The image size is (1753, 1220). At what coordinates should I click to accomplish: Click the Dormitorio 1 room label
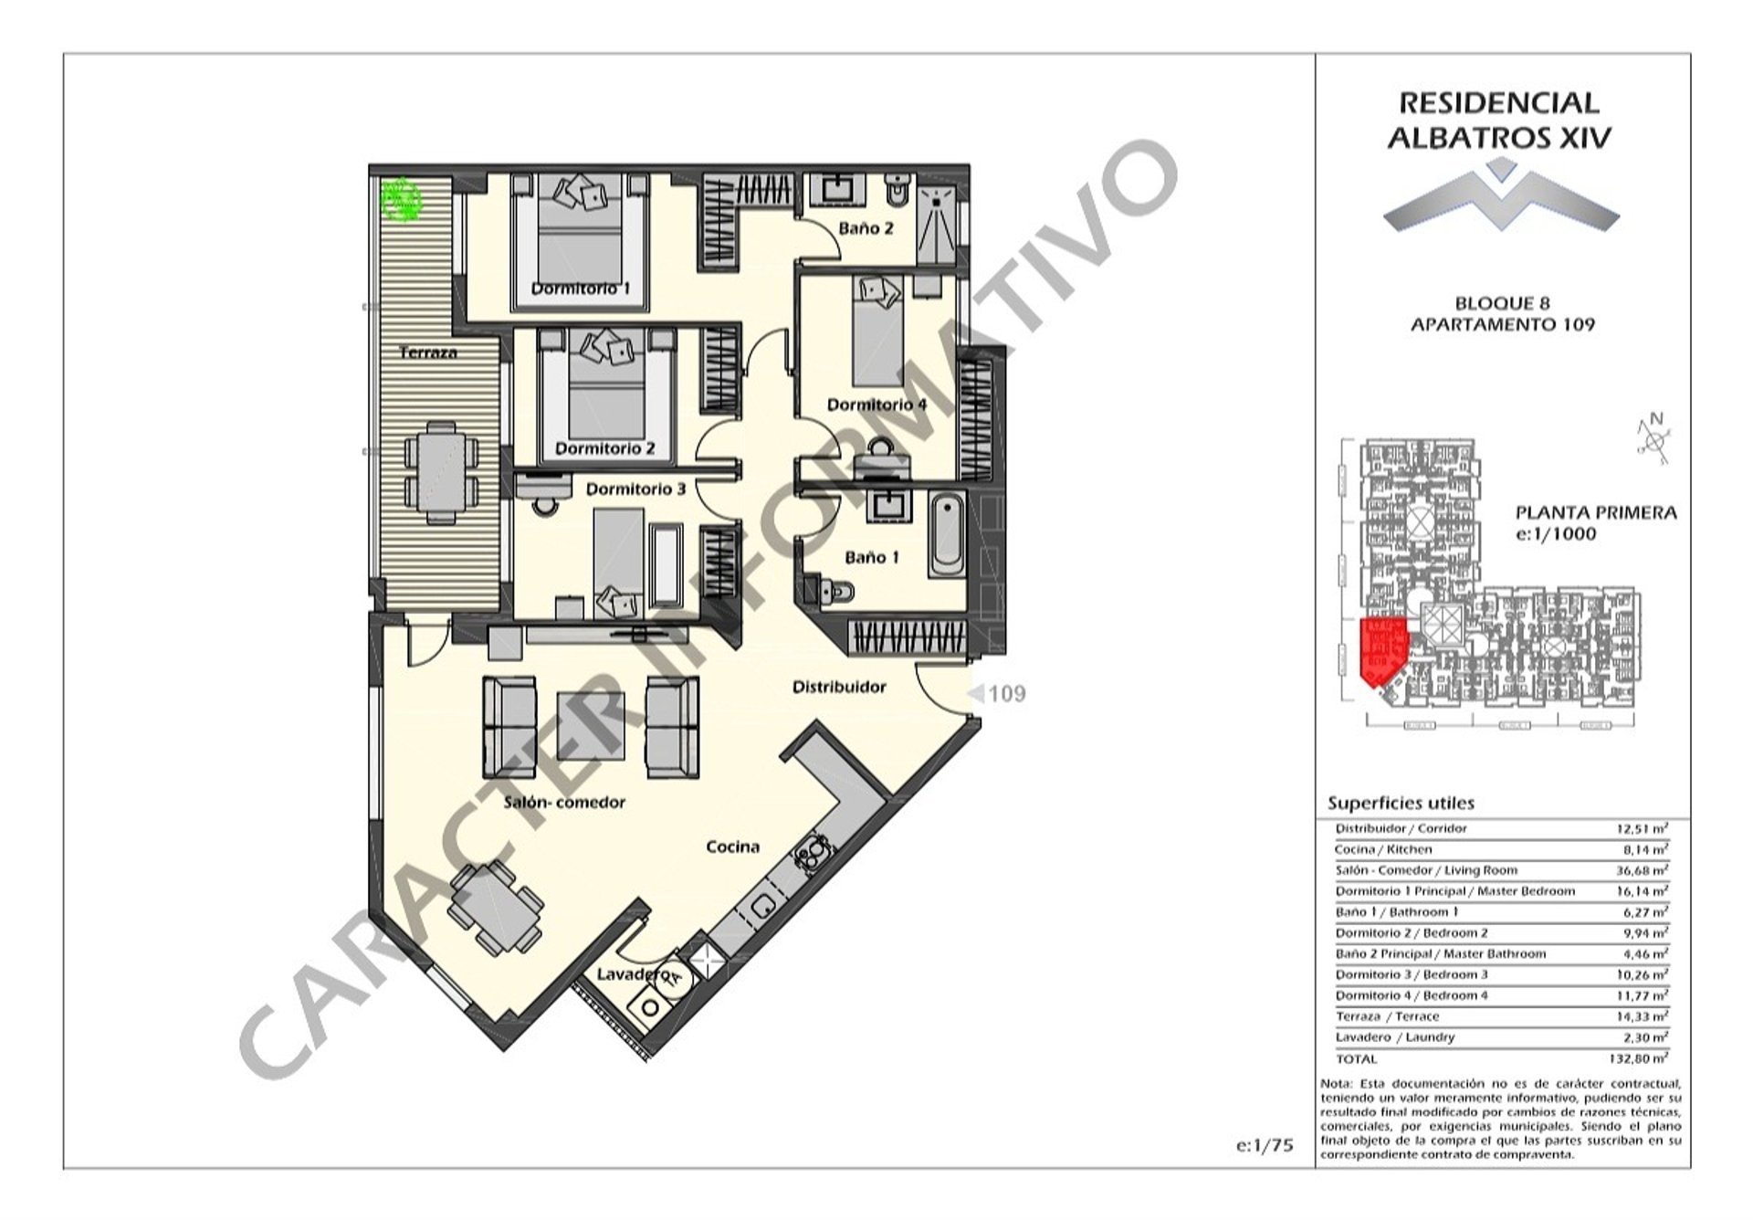pyautogui.click(x=581, y=289)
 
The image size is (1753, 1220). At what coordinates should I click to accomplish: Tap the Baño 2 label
pyautogui.click(x=866, y=227)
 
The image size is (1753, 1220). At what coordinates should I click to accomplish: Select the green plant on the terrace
pyautogui.click(x=400, y=200)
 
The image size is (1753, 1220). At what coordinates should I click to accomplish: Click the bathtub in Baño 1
pyautogui.click(x=949, y=534)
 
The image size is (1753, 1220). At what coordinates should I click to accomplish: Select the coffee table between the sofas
pyautogui.click(x=591, y=726)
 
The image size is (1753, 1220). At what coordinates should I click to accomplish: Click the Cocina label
pyautogui.click(x=733, y=847)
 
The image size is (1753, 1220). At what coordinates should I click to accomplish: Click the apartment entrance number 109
pyautogui.click(x=1006, y=694)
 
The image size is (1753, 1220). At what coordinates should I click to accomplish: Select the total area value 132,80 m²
pyautogui.click(x=1640, y=1058)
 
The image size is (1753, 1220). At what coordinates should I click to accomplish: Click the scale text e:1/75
pyautogui.click(x=1265, y=1145)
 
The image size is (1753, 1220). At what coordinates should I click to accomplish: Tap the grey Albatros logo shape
pyautogui.click(x=1501, y=198)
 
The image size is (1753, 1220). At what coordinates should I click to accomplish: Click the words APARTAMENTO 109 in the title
pyautogui.click(x=1503, y=324)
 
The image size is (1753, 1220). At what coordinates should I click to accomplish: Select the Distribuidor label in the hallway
pyautogui.click(x=839, y=687)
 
